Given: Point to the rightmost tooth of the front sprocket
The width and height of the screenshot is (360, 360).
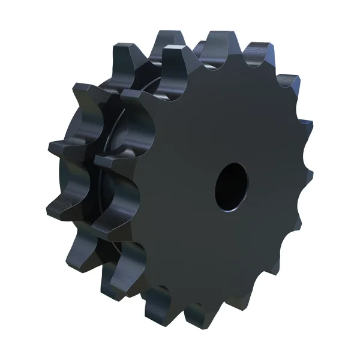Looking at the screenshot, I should (308, 174).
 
